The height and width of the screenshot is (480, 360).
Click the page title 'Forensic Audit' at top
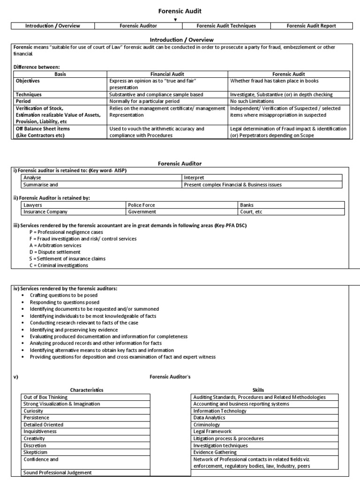(180, 11)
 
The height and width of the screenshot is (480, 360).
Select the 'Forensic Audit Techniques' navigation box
(226, 26)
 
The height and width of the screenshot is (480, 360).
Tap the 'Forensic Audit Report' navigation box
(311, 26)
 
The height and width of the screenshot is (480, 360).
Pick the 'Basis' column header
(60, 74)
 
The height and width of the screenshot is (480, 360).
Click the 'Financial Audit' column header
(167, 74)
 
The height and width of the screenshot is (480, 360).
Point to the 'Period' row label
(23, 101)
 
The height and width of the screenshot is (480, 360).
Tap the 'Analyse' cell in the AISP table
(33, 178)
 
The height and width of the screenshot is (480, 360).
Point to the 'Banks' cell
(247, 205)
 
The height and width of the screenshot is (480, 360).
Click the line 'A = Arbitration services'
(55, 246)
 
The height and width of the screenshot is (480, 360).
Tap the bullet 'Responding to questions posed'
(67, 302)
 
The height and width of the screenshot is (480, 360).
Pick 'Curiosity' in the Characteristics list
(34, 411)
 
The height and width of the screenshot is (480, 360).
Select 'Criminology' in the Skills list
(206, 424)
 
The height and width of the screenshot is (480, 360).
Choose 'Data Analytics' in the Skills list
(210, 417)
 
